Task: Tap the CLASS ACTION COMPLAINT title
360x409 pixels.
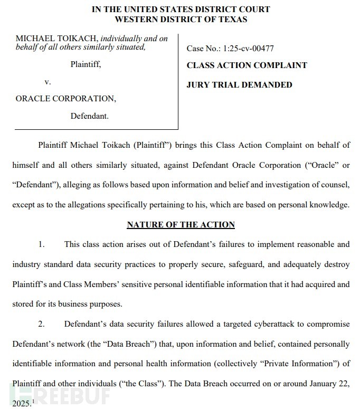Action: pyautogui.click(x=247, y=65)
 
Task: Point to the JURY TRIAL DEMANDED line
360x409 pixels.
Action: pyautogui.click(x=239, y=84)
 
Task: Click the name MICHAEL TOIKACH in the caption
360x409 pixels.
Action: pyautogui.click(x=56, y=39)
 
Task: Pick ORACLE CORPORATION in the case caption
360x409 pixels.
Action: pyautogui.click(x=65, y=99)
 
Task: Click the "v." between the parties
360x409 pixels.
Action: pyautogui.click(x=48, y=82)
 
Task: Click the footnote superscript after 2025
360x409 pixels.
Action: pyautogui.click(x=33, y=401)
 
